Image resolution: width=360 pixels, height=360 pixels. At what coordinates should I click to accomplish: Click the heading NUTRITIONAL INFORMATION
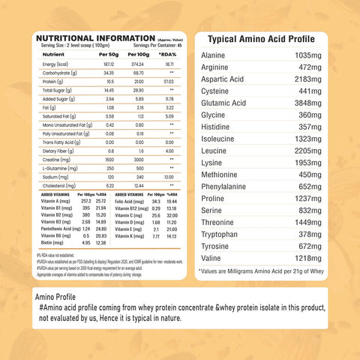pos(96,38)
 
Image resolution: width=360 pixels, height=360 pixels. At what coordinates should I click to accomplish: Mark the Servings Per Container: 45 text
pos(154,45)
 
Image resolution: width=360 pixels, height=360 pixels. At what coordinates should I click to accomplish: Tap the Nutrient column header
pos(54,55)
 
